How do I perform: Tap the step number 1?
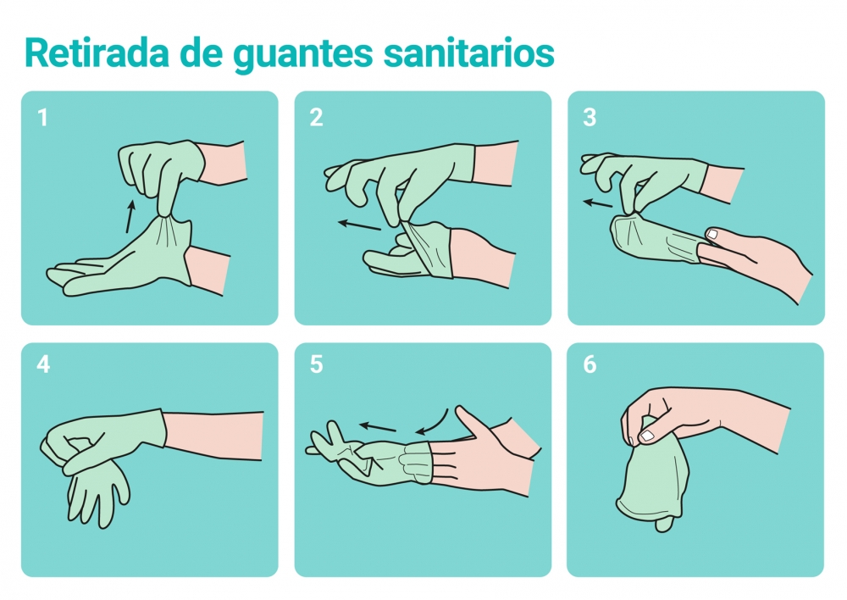pyautogui.click(x=43, y=118)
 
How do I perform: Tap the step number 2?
pyautogui.click(x=316, y=118)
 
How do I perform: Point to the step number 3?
pyautogui.click(x=590, y=118)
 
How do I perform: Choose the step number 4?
pyautogui.click(x=43, y=365)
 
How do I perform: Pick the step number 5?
pyautogui.click(x=316, y=365)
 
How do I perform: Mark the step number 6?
pyautogui.click(x=590, y=365)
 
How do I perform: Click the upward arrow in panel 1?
pyautogui.click(x=130, y=217)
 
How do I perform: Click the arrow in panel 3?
pyautogui.click(x=598, y=203)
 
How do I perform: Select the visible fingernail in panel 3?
pyautogui.click(x=712, y=234)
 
